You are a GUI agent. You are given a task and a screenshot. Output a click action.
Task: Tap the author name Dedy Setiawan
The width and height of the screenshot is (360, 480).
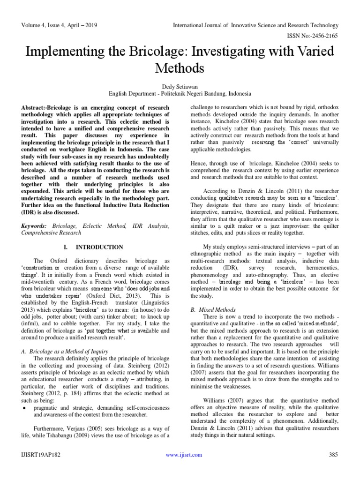pos(180,85)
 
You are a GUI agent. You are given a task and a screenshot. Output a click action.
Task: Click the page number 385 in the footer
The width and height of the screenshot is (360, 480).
pos(333,455)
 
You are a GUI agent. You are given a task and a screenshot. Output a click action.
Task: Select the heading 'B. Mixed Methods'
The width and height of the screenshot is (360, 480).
pos(213,310)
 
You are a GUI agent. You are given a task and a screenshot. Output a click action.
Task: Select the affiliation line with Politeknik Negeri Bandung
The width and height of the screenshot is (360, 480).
pos(180,93)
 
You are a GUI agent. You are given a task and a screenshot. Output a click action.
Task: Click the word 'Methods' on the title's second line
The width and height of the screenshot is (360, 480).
pos(180,68)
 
